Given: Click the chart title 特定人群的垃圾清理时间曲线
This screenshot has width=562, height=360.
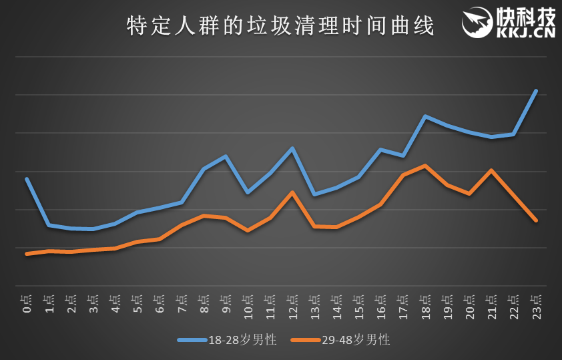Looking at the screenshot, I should [280, 27].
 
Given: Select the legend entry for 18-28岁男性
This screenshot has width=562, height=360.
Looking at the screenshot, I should [227, 340].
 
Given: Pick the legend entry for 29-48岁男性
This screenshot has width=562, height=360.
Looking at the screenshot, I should [340, 340].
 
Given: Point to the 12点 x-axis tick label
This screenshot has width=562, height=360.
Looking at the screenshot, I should [292, 305].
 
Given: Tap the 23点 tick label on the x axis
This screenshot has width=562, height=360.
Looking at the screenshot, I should [535, 305].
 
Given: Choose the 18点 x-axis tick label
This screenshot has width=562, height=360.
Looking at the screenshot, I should [425, 305].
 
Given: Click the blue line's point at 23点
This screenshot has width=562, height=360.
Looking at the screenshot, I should [535, 91].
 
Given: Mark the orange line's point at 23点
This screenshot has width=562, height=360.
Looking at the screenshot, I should [535, 220].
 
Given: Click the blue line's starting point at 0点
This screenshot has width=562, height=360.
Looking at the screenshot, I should [27, 179].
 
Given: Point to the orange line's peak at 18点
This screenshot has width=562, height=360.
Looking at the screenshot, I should [425, 166].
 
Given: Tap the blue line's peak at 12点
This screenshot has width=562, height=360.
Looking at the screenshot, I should [292, 148].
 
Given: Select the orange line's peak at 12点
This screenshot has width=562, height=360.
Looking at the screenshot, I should [292, 192].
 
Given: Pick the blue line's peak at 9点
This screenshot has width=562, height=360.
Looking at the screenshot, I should [226, 156].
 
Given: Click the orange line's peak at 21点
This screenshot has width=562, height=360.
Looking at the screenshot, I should [491, 170].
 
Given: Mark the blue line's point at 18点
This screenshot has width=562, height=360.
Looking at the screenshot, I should [425, 116].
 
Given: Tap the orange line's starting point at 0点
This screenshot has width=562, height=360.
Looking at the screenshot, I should [27, 254].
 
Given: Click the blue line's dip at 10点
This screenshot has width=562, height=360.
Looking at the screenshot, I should [248, 192].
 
